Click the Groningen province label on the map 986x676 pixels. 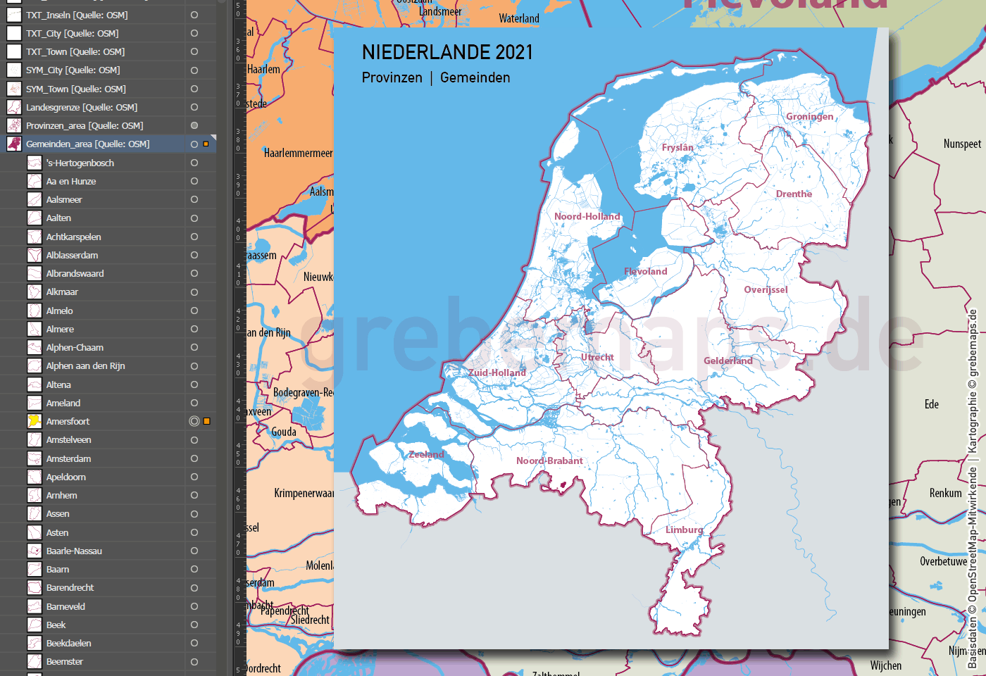pos(809,117)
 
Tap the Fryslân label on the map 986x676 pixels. pos(678,148)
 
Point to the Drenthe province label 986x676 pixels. pos(794,194)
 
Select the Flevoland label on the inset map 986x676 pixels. pos(645,272)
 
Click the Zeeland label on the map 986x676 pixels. pos(426,455)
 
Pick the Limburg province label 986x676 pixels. pos(684,530)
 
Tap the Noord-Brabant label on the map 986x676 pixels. pos(549,461)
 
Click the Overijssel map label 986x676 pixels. pos(766,290)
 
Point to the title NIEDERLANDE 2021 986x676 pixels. pos(447,53)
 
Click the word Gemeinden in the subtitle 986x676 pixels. pos(475,78)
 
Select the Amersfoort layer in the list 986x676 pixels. pos(68,422)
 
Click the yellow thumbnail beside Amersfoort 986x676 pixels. pos(34,421)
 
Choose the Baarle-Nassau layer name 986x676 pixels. pos(74,551)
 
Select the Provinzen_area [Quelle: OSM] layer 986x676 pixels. pos(85,126)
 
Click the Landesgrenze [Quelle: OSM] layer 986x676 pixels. pos(82,108)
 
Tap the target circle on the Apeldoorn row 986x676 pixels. pos(194,477)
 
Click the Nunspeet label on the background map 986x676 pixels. pos(962,144)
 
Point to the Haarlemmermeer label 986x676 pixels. pos(298,154)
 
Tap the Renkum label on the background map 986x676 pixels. pos(945,494)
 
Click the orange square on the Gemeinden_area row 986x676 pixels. pos(206,144)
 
